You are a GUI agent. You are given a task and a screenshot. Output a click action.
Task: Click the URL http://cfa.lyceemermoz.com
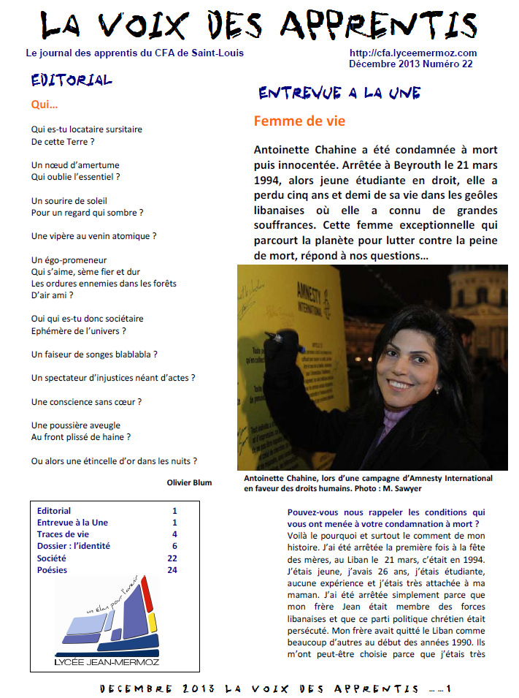point(412,53)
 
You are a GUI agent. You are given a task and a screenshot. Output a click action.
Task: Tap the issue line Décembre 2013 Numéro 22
point(410,64)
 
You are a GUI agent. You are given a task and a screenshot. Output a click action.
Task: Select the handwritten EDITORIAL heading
point(72,80)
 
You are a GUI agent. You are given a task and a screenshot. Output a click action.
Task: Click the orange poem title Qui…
point(45,105)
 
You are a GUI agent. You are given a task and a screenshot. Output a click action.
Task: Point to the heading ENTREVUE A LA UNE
point(339,94)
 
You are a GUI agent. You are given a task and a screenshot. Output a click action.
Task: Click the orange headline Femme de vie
point(299,121)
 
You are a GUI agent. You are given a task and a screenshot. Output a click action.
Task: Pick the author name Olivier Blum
point(189,482)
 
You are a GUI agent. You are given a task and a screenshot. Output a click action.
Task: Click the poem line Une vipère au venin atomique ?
point(94,236)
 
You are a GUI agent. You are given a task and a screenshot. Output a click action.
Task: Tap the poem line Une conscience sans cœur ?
point(86,401)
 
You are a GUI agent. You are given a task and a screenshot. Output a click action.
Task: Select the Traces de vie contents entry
point(63,534)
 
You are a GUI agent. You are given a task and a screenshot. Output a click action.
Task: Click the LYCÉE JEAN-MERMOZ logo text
point(107,662)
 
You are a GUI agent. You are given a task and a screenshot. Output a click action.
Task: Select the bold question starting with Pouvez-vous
point(385,518)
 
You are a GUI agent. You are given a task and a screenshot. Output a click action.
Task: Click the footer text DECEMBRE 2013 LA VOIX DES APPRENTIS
point(259,688)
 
